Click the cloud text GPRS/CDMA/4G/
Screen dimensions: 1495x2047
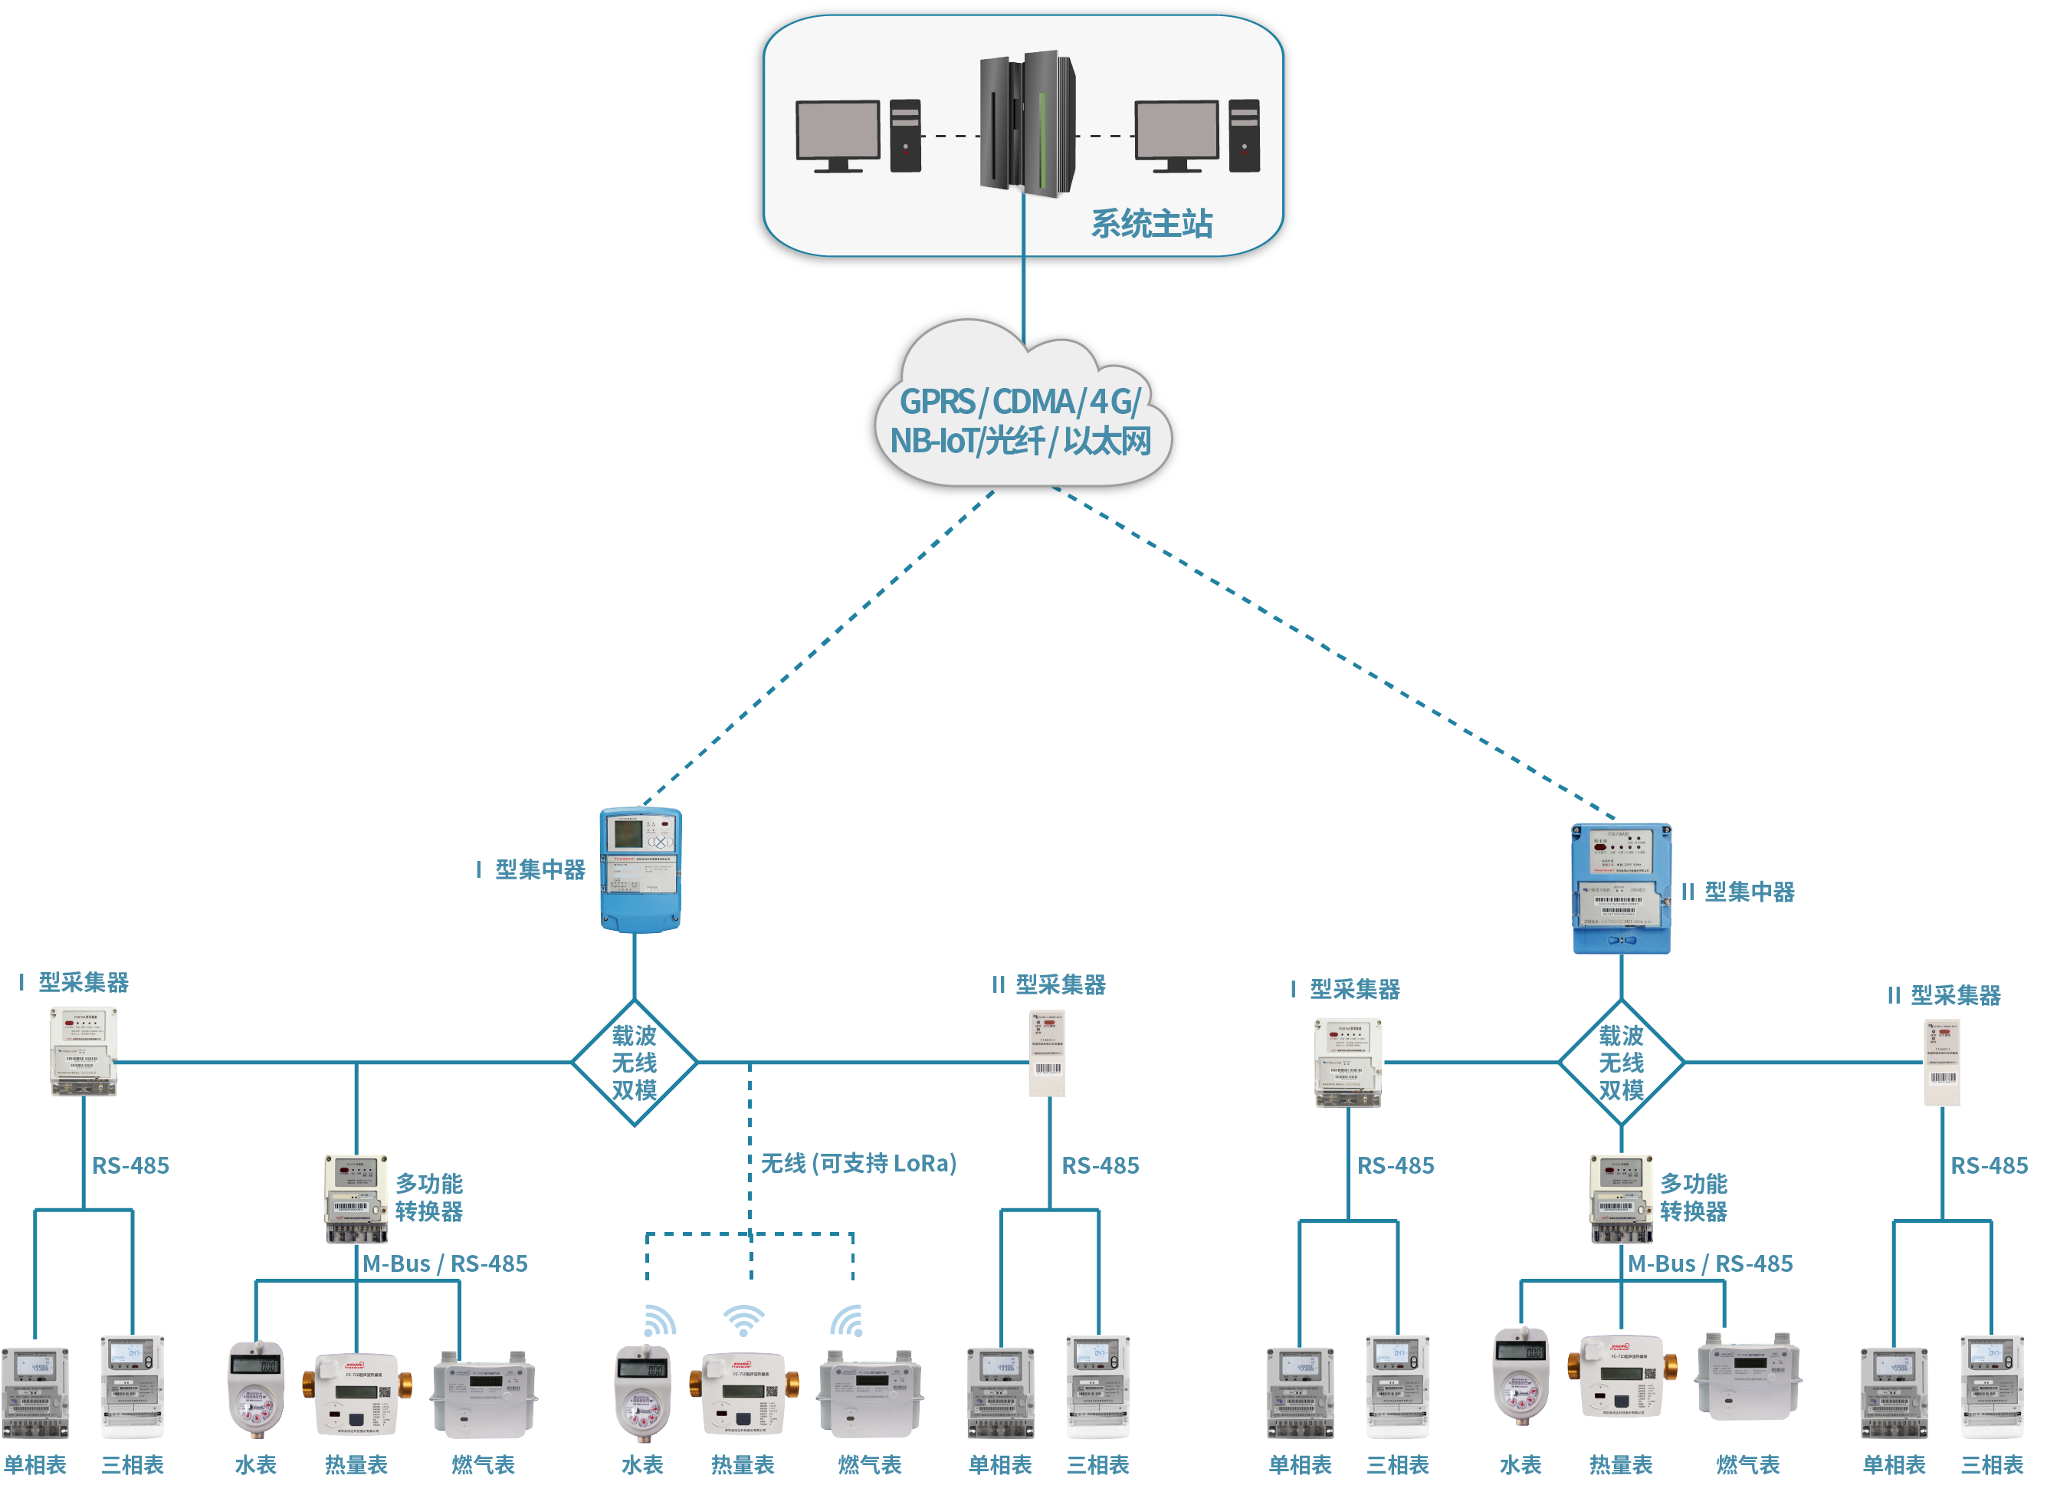pos(1019,401)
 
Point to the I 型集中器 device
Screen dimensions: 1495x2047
pos(641,869)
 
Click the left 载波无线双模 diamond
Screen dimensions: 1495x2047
pos(634,1063)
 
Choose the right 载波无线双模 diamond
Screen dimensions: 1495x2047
pos(1621,1063)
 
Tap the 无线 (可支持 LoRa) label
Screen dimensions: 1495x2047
pos(858,1163)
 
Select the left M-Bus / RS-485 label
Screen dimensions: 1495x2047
pos(445,1263)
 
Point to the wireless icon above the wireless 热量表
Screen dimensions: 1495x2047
pos(743,1320)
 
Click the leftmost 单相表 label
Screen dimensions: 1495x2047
pos(35,1464)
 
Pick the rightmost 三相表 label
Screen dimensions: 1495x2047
pos(1992,1464)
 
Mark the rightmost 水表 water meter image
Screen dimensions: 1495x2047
pos(1520,1376)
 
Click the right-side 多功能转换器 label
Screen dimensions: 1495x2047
pos(1694,1198)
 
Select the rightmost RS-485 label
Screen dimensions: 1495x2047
pos(1988,1165)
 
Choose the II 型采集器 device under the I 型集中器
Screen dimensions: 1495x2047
pos(1048,1053)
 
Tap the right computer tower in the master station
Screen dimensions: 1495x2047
pos(1244,135)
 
